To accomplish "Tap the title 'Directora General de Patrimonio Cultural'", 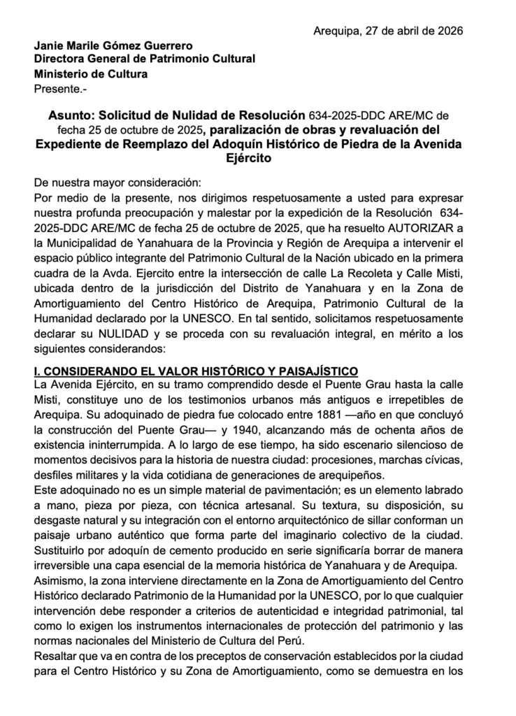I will click(144, 59).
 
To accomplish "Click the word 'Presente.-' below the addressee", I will click(60, 88).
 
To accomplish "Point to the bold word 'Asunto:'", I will click(73, 115).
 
